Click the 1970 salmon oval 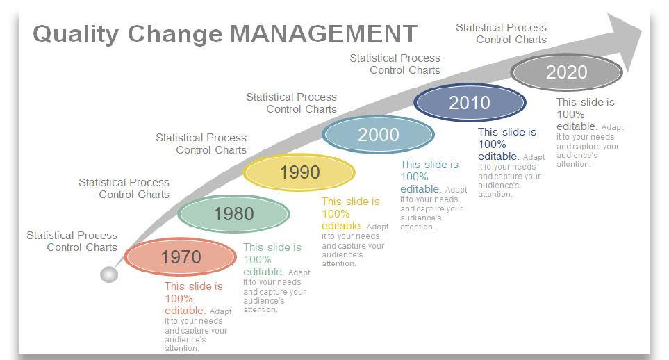[x=181, y=256]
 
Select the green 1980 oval [x=234, y=213]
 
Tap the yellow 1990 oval [x=299, y=172]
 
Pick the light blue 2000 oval [x=378, y=135]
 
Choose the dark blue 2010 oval [x=470, y=102]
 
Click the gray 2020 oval [x=567, y=72]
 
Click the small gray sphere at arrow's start [x=109, y=275]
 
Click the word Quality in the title [x=76, y=34]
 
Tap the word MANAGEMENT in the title [x=324, y=33]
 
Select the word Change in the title [x=175, y=34]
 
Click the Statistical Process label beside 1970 [x=72, y=236]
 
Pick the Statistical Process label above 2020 [x=502, y=28]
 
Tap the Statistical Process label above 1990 [x=201, y=138]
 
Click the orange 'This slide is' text [x=194, y=286]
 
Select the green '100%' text [x=257, y=260]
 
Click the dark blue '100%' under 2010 [x=492, y=145]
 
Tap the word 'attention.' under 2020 [x=574, y=165]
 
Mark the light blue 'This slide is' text [x=429, y=165]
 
